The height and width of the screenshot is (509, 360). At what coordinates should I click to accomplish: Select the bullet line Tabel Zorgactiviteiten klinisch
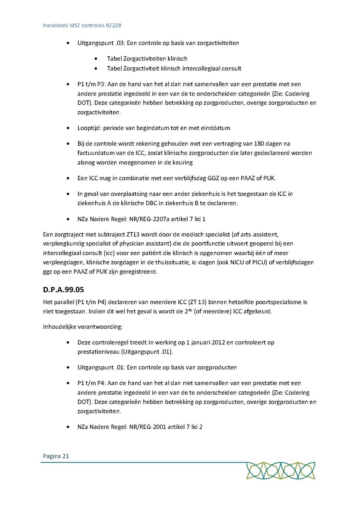147,58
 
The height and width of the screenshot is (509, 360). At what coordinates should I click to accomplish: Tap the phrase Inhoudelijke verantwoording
83,327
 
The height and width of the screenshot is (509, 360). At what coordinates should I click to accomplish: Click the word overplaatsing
122,194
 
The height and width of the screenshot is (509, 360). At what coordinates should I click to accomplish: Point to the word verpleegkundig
62,244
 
